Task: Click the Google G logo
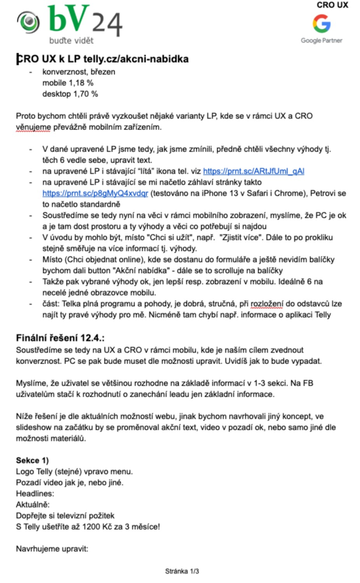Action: tap(321, 23)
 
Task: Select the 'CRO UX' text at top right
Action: tap(333, 5)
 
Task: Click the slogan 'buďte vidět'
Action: tap(71, 40)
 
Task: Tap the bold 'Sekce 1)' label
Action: tap(32, 459)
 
